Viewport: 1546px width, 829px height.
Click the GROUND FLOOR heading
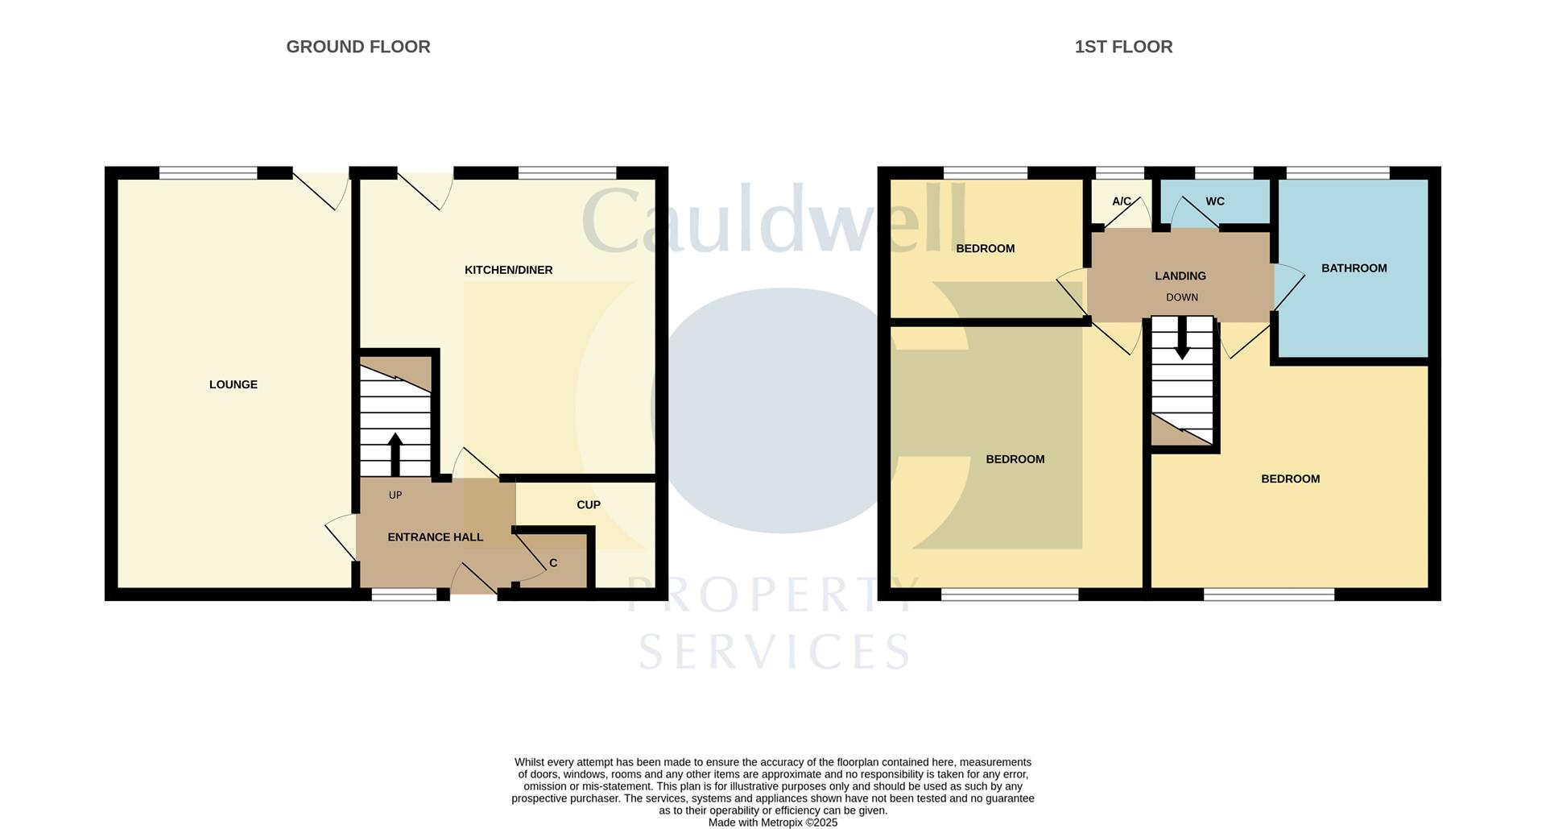pos(358,47)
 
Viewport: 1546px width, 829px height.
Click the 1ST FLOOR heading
pos(1123,47)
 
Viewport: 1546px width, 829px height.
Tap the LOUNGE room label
pos(234,384)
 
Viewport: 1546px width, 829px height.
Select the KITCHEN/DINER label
pos(509,270)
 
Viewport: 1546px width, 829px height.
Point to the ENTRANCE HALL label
pos(436,537)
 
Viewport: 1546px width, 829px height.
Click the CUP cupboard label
pos(589,504)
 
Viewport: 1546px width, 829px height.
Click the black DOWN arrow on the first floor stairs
pos(1182,338)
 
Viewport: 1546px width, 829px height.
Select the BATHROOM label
pos(1354,268)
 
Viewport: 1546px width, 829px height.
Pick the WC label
pos(1215,201)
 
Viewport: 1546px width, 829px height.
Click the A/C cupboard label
pos(1122,201)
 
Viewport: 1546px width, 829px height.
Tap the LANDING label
pos(1180,276)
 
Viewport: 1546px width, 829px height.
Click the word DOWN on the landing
pos(1182,297)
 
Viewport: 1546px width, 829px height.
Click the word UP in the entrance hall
pos(395,495)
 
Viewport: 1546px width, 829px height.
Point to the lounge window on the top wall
pos(208,172)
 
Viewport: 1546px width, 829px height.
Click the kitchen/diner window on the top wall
pos(567,172)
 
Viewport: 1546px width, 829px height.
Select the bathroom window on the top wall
pos(1338,172)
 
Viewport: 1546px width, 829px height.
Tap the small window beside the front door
pos(403,595)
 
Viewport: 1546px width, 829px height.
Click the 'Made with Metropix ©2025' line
pos(773,823)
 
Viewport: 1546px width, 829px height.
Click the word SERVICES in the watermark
pos(775,651)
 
